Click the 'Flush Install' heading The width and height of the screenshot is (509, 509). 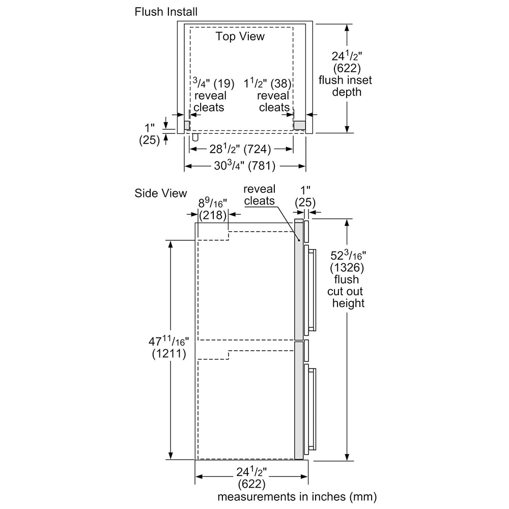166,11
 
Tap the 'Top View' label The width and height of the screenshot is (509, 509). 240,36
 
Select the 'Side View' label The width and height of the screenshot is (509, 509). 161,193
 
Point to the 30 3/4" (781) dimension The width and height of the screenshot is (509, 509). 245,165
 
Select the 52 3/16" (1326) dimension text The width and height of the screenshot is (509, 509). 348,261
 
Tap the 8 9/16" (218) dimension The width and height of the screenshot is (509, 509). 212,209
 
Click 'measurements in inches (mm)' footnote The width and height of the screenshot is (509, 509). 297,496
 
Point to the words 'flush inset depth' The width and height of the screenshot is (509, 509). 346,86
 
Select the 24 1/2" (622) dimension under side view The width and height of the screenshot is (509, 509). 251,476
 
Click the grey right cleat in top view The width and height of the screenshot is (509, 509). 299,125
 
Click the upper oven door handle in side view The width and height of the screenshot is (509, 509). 312,288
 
